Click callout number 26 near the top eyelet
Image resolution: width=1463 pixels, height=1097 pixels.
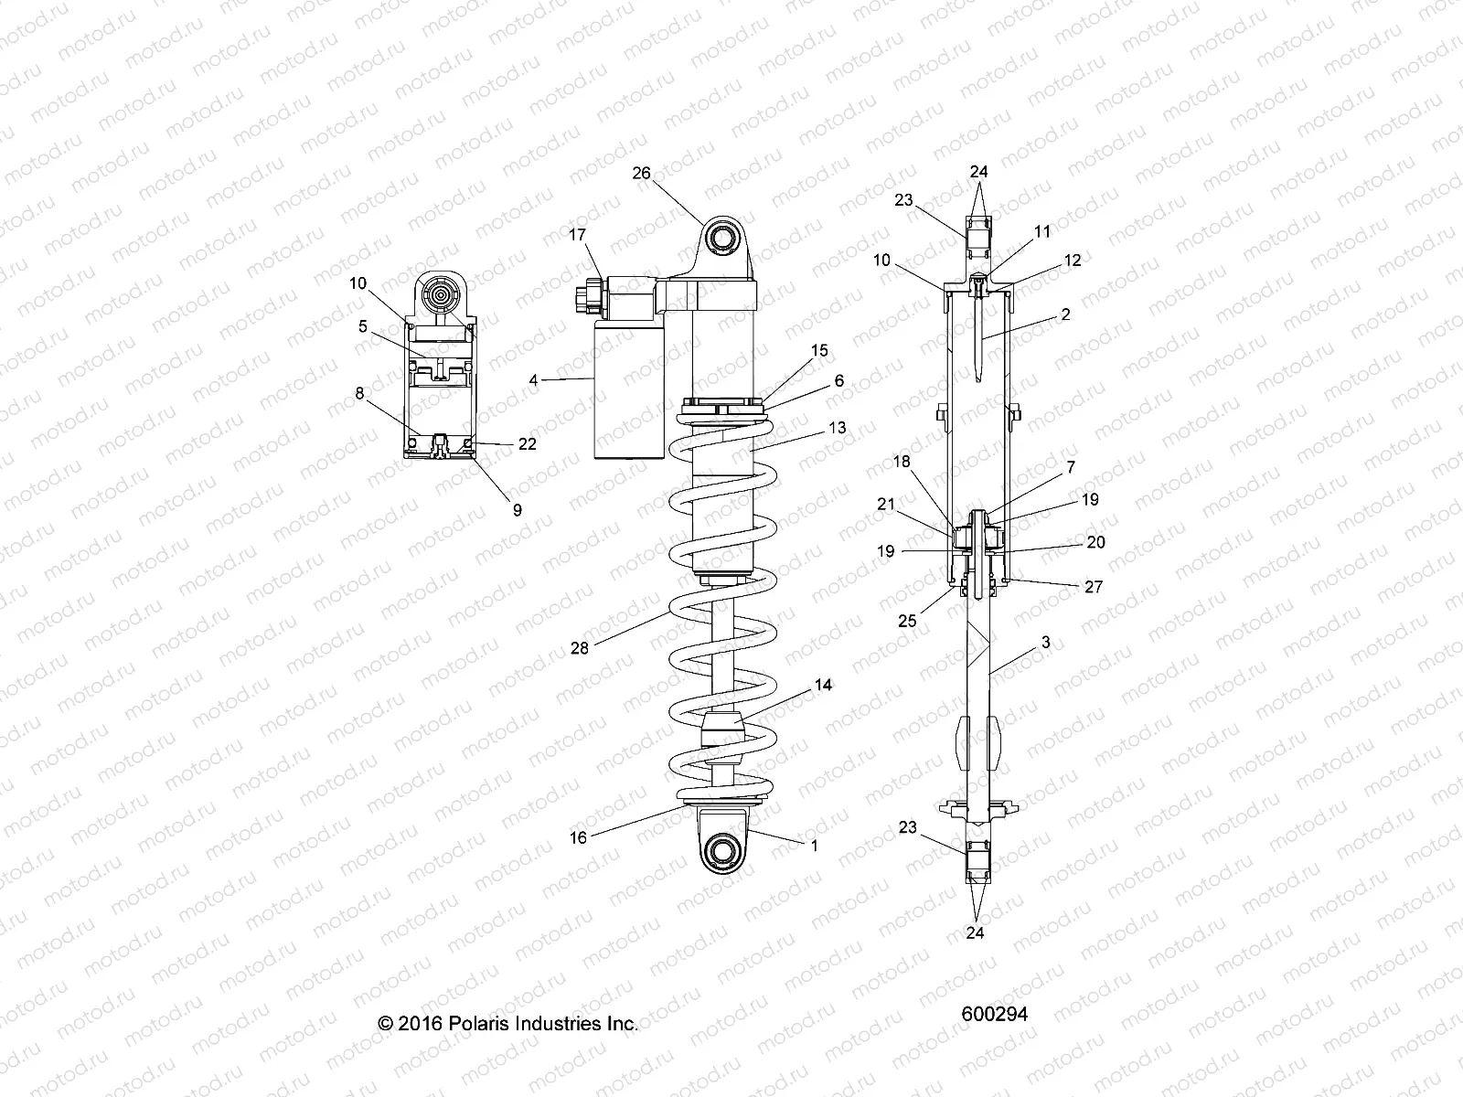click(641, 174)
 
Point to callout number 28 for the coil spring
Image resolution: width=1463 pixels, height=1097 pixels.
click(579, 648)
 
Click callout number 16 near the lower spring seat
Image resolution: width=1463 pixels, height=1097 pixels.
click(578, 836)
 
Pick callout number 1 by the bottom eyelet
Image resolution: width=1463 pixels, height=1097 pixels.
click(814, 846)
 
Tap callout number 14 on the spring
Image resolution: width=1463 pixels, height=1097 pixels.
click(823, 685)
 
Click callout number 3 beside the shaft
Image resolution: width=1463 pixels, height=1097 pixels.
click(1045, 643)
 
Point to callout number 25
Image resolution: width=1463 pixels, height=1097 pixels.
click(907, 621)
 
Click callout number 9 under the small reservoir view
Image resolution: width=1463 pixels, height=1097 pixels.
click(517, 510)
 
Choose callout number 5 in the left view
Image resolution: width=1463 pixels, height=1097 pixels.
click(363, 325)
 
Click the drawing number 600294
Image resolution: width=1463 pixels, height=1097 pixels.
click(995, 1014)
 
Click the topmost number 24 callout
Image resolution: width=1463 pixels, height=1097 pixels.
click(979, 172)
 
